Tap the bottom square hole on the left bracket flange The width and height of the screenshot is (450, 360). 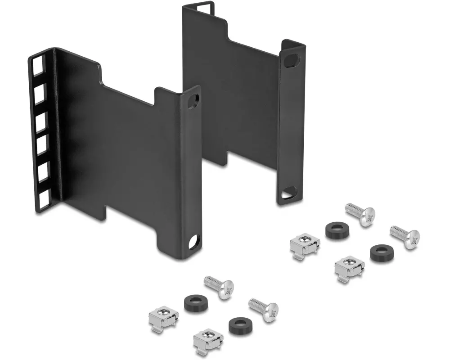[43, 199]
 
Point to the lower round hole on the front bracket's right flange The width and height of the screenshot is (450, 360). [194, 242]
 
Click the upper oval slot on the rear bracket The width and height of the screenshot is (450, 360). [292, 60]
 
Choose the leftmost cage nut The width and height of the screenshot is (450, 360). [163, 317]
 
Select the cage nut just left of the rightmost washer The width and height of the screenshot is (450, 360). [349, 267]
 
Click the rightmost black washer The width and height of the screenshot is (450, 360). [381, 253]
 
